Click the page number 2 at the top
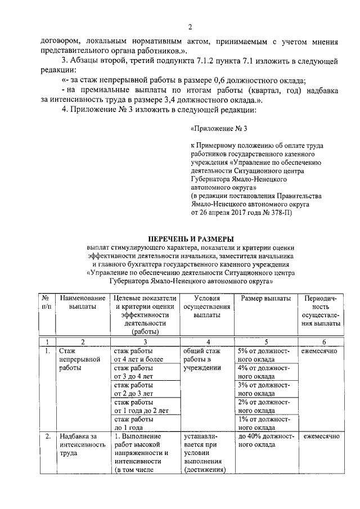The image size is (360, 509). point(191,27)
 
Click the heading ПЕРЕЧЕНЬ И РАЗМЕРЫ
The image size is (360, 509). point(191,238)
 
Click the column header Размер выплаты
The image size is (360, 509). point(265,298)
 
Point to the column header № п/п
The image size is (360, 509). point(46,302)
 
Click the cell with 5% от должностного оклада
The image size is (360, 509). point(263,354)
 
